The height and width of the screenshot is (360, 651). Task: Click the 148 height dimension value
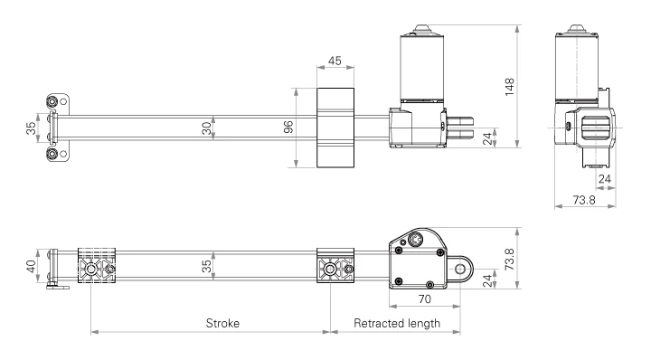pos(509,87)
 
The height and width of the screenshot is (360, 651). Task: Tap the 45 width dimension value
pos(335,61)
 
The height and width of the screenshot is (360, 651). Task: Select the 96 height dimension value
pos(288,127)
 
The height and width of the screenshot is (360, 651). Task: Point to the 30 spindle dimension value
pos(206,128)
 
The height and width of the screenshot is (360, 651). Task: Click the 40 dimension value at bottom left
pos(31,266)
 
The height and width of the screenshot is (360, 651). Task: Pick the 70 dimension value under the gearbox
pos(424,299)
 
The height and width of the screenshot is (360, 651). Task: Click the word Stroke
pos(222,323)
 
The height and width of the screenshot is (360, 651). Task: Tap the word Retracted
pos(377,323)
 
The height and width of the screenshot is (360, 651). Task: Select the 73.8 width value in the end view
pos(584,200)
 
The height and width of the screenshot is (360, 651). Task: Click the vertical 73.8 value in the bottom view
pos(509,260)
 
